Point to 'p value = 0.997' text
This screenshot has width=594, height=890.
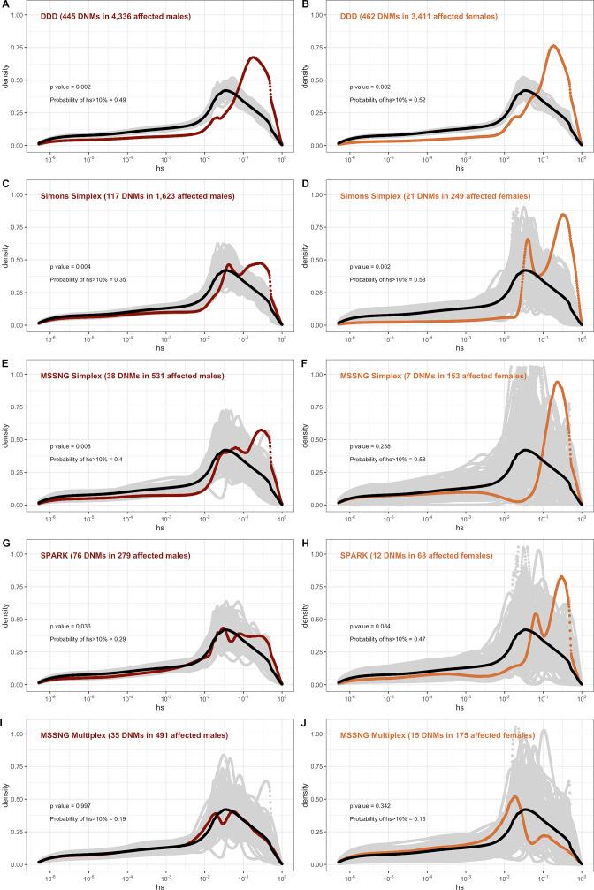pyautogui.click(x=69, y=806)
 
